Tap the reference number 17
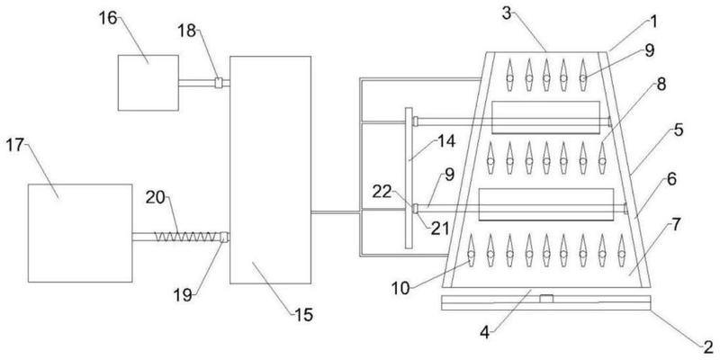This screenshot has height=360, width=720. pyautogui.click(x=15, y=147)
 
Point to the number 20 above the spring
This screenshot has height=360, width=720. pyautogui.click(x=156, y=198)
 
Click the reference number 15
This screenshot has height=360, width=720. pyautogui.click(x=303, y=315)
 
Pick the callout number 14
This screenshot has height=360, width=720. pyautogui.click(x=445, y=141)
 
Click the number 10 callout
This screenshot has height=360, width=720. pyautogui.click(x=400, y=288)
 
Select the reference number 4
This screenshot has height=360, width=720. pyautogui.click(x=486, y=332)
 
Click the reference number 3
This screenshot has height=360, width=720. pyautogui.click(x=506, y=13)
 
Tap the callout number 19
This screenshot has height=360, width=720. pyautogui.click(x=183, y=295)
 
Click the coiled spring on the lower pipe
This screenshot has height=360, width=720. pyautogui.click(x=184, y=237)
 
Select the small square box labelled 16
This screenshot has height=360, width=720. pyautogui.click(x=148, y=83)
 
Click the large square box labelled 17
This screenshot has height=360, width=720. pyautogui.click(x=80, y=233)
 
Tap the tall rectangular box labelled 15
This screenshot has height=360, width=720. pyautogui.click(x=271, y=170)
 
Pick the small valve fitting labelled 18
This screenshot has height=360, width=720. pyautogui.click(x=219, y=83)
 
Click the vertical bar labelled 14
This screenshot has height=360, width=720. pyautogui.click(x=409, y=178)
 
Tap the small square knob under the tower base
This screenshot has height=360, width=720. pyautogui.click(x=546, y=299)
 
